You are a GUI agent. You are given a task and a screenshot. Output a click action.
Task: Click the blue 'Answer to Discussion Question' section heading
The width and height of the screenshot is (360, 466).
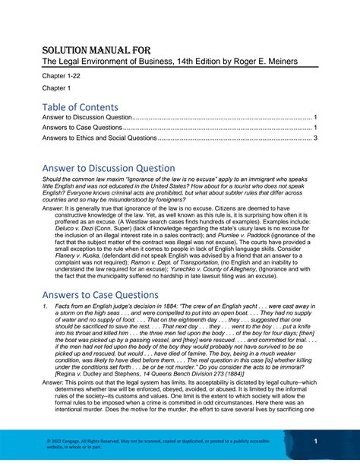coord(109,168)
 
